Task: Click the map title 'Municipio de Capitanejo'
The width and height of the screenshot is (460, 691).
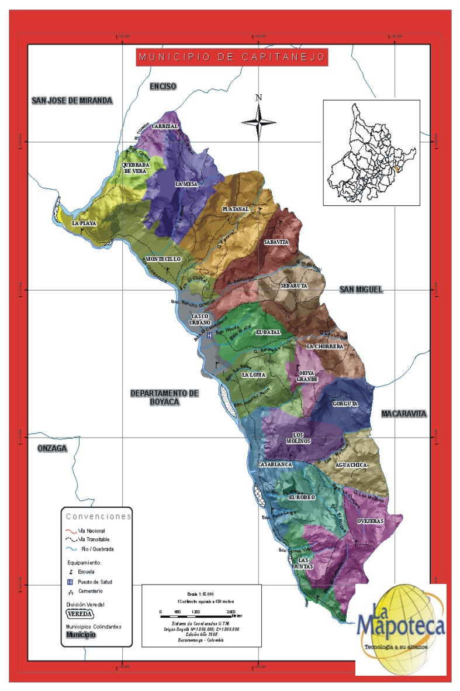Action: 231,57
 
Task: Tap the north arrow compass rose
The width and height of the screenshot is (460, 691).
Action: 259,121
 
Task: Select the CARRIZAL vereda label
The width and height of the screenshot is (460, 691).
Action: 165,126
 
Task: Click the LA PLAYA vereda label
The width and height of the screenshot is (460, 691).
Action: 84,224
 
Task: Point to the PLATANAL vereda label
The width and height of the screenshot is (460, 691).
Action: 236,209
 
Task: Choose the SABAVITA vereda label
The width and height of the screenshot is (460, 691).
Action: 276,242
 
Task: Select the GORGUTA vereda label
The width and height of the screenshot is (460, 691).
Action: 344,404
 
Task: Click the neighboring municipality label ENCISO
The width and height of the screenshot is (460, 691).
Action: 162,87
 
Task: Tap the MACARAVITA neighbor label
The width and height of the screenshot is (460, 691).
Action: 404,414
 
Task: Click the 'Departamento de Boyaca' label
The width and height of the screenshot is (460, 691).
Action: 164,397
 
